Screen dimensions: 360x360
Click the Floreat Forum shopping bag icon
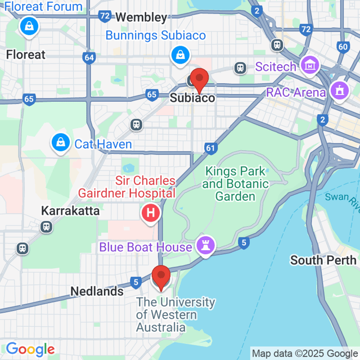point(28,25)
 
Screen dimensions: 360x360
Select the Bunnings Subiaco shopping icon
point(179,55)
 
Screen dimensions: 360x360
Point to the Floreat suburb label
point(25,55)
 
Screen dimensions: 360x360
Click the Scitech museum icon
point(309,65)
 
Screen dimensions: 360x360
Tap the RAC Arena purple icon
point(339,89)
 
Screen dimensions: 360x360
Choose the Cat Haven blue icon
point(59,143)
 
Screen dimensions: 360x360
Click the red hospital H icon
point(150,213)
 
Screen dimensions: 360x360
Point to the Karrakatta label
point(70,211)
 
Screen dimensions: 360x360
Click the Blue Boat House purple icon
point(205,246)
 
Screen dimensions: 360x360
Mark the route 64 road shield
point(88,57)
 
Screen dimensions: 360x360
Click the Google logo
point(30,349)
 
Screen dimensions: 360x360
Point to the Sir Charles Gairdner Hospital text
point(146,187)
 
